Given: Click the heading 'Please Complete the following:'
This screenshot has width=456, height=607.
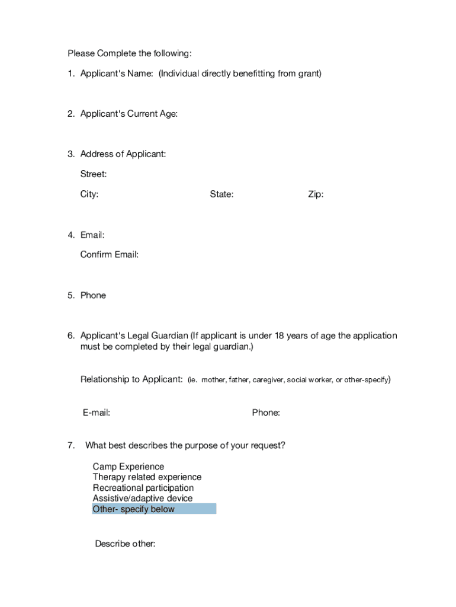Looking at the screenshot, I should pyautogui.click(x=129, y=53).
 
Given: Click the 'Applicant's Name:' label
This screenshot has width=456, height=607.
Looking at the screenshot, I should pyautogui.click(x=117, y=74).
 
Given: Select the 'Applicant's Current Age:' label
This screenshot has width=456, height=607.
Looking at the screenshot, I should pyautogui.click(x=129, y=114).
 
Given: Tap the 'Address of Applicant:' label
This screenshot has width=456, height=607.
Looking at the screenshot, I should pyautogui.click(x=123, y=154).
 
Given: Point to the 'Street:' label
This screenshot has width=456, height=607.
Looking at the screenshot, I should pyautogui.click(x=94, y=174).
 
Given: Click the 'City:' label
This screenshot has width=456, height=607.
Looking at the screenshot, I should pyautogui.click(x=89, y=194).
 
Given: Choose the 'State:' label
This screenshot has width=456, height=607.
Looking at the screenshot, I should pyautogui.click(x=221, y=194).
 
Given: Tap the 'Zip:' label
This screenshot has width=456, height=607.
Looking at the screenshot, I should pyautogui.click(x=316, y=194).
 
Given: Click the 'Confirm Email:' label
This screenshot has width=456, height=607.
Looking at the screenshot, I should pyautogui.click(x=110, y=255).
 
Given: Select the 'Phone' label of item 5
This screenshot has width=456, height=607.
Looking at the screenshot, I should pyautogui.click(x=93, y=295).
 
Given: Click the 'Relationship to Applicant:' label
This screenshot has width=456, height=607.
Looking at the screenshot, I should pyautogui.click(x=131, y=379).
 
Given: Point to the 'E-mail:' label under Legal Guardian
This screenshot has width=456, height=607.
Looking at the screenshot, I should pyautogui.click(x=97, y=413).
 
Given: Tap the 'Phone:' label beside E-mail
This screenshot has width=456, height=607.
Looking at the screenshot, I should pyautogui.click(x=266, y=413).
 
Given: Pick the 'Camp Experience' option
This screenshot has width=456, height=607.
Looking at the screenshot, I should pyautogui.click(x=129, y=467).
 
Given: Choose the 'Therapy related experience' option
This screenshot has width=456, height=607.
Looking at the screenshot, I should pyautogui.click(x=147, y=477).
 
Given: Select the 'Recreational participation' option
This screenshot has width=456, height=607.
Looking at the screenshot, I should pyautogui.click(x=143, y=488).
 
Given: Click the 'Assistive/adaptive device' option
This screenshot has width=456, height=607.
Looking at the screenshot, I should pyautogui.click(x=143, y=499).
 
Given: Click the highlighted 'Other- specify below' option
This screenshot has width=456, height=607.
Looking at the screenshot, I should pyautogui.click(x=134, y=509).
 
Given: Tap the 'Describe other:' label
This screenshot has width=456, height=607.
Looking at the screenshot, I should pyautogui.click(x=125, y=544).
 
